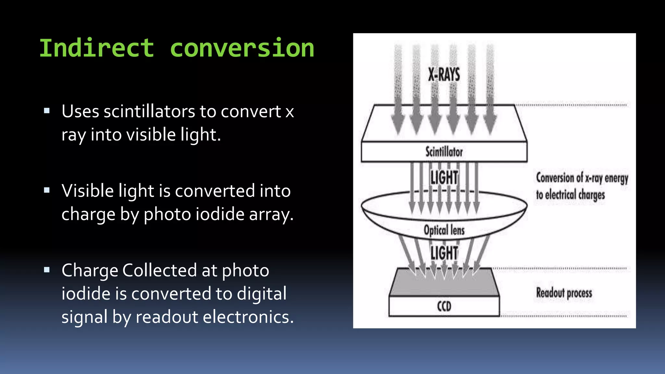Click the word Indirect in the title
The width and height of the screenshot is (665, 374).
(96, 48)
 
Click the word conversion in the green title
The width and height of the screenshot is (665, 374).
(242, 48)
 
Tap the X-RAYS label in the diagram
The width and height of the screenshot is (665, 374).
(444, 75)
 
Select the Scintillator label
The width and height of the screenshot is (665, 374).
(444, 152)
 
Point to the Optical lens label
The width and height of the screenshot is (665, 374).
(444, 230)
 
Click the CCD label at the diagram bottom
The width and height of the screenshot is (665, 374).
(444, 306)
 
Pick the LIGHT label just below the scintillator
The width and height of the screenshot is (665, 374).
(444, 178)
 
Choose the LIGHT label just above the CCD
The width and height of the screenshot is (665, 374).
(444, 253)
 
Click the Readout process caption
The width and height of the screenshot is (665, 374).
(564, 293)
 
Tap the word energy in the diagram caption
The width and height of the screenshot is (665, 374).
(616, 178)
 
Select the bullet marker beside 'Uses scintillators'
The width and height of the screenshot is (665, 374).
(47, 111)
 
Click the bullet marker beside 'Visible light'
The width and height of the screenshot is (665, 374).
(47, 190)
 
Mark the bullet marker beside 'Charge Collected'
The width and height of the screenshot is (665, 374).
(47, 269)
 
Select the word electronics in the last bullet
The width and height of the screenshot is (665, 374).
(247, 317)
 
